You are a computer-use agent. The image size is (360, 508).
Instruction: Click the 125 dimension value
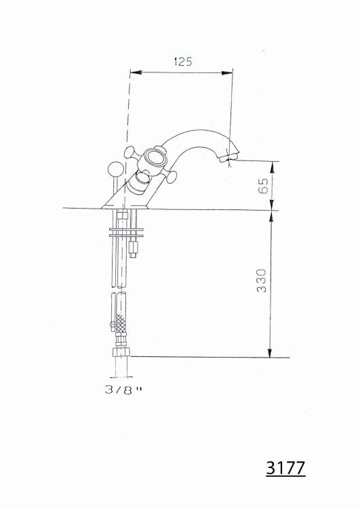click(x=183, y=61)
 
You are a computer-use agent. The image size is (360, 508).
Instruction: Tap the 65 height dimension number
click(x=264, y=186)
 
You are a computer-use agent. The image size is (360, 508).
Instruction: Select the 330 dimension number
click(x=262, y=280)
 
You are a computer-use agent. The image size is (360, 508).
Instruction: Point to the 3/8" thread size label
click(x=123, y=389)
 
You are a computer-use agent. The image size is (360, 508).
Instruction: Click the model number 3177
click(x=285, y=467)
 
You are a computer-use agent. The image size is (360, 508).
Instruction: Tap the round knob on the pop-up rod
click(x=115, y=169)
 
